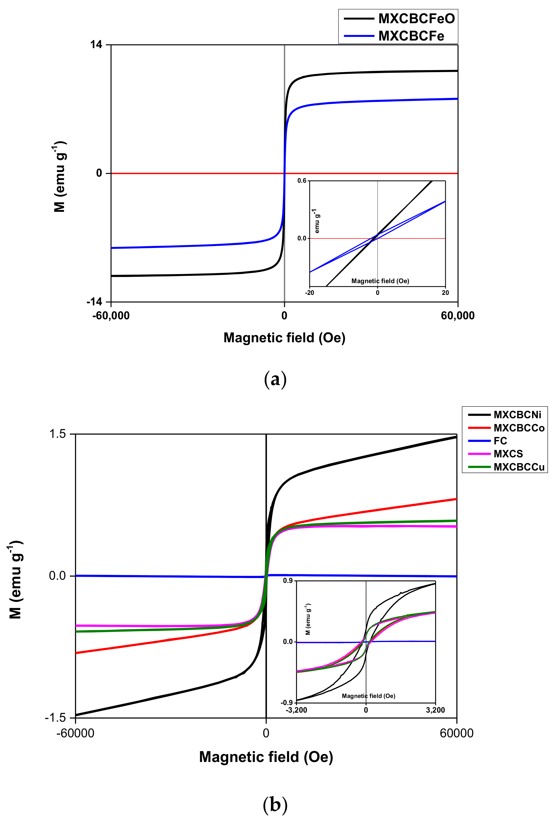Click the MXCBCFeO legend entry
click(416, 18)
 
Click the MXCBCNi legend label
click(517, 415)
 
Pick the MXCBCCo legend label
click(519, 428)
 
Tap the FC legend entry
click(500, 441)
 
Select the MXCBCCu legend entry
click(519, 467)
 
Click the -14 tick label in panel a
click(94, 302)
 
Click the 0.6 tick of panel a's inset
click(302, 181)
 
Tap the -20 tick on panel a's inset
click(309, 293)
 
